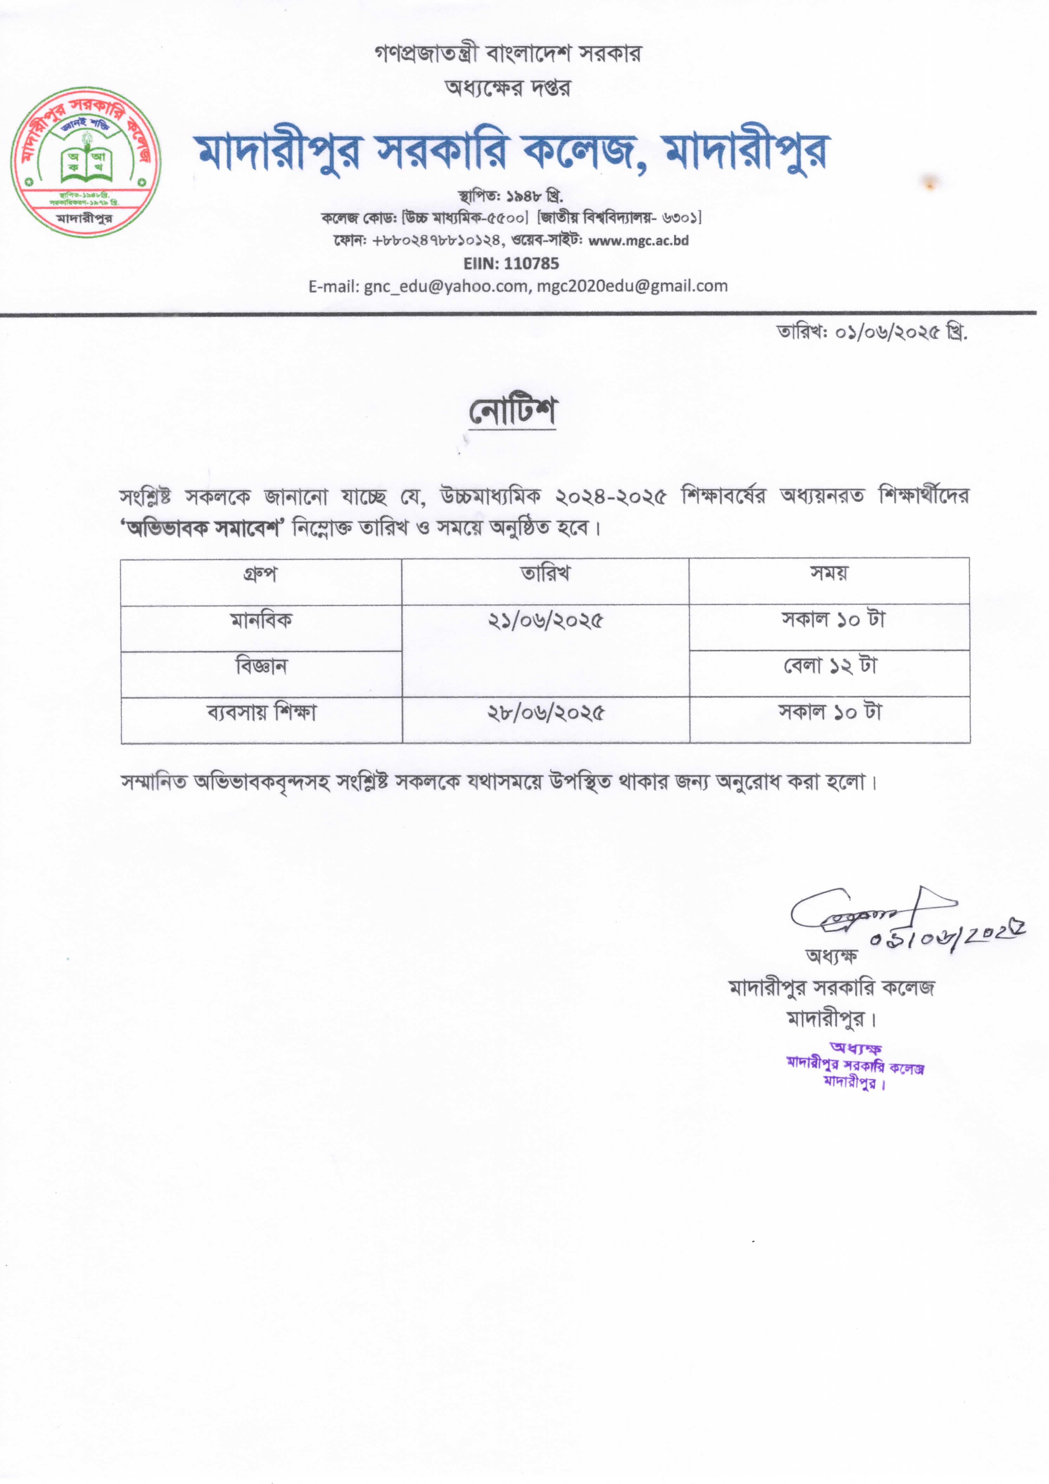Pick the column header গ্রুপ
coord(260,574)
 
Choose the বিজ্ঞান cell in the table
coord(261,666)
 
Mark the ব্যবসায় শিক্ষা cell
coord(261,713)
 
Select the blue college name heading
coord(512,153)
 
